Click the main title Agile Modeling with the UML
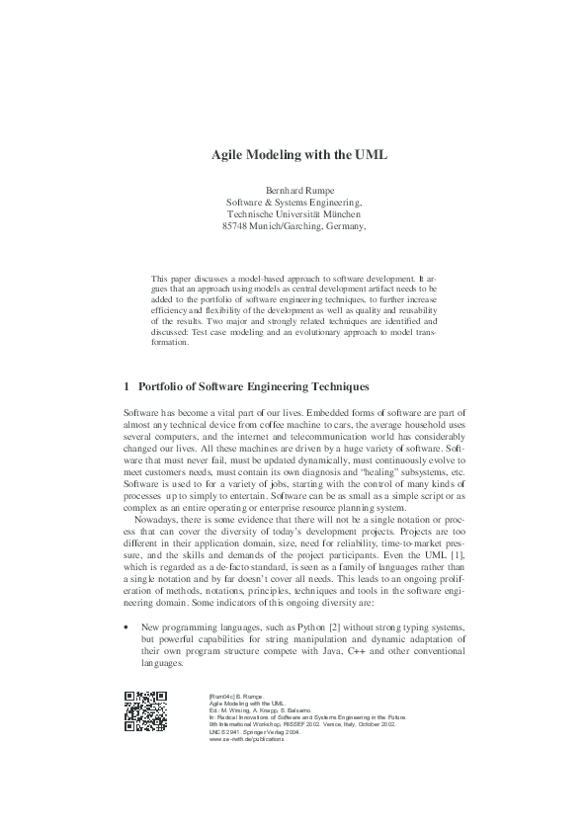[x=299, y=155]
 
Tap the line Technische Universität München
[x=294, y=212]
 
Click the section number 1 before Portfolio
[x=126, y=387]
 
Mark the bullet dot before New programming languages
[x=126, y=626]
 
